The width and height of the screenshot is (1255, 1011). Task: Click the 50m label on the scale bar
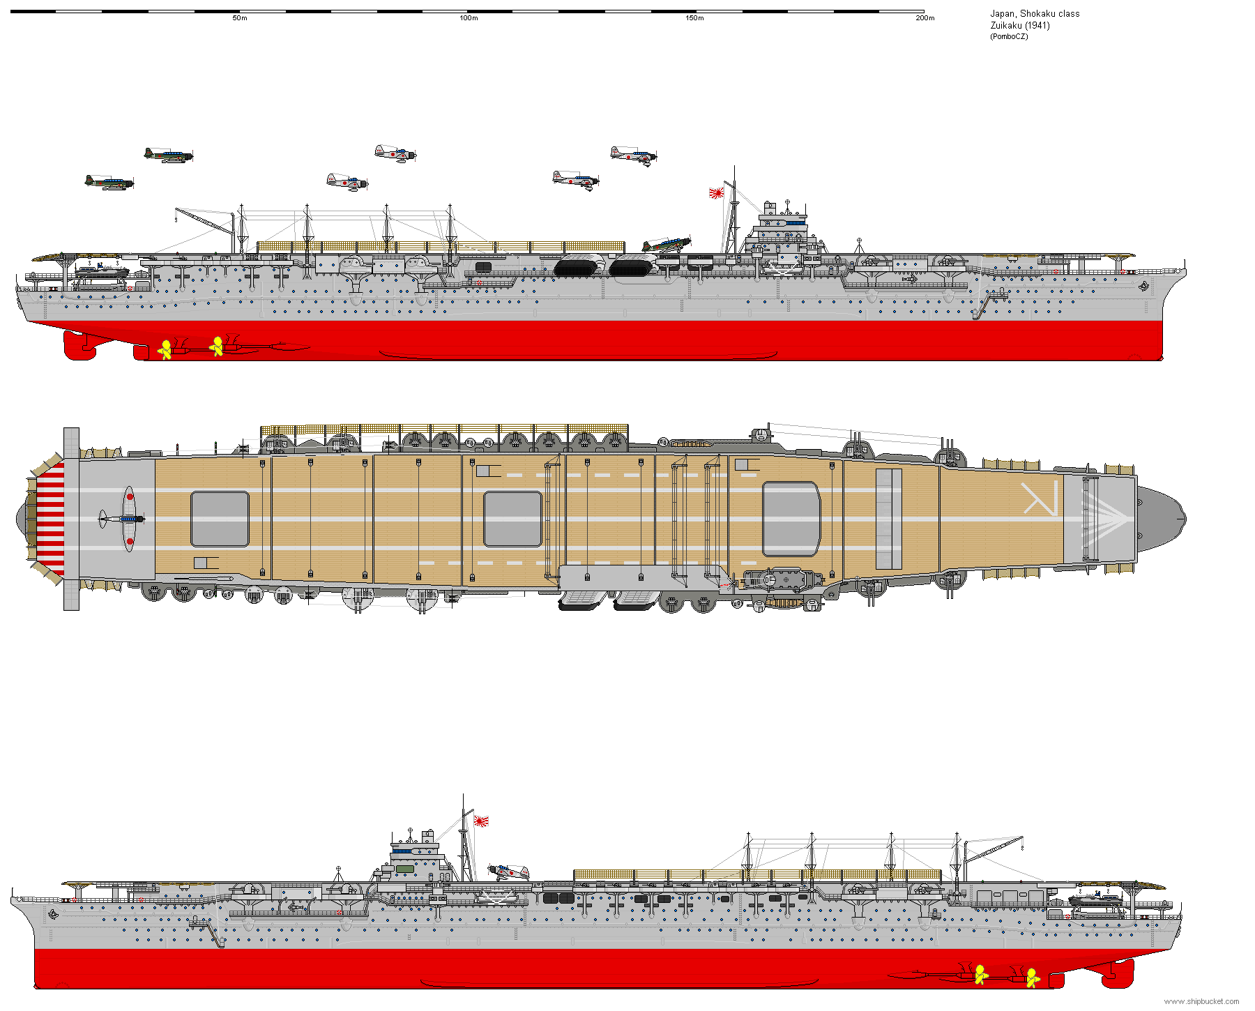(239, 18)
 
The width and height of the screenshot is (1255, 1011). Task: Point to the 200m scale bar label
(925, 18)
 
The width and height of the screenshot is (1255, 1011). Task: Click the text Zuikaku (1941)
(1019, 25)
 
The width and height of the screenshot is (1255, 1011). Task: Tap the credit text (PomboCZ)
(1008, 36)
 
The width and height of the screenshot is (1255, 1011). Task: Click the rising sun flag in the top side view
(716, 192)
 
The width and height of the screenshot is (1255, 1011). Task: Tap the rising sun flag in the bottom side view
(481, 821)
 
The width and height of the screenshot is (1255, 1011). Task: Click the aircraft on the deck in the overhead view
(124, 519)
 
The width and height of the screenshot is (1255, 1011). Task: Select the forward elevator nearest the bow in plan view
(790, 519)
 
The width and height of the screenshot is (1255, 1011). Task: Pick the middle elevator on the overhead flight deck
(512, 519)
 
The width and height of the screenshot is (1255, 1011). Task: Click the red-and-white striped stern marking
(50, 519)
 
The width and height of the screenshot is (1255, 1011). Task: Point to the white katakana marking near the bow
(1040, 498)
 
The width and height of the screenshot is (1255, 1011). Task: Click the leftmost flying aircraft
(109, 183)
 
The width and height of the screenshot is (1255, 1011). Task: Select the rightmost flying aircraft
(633, 155)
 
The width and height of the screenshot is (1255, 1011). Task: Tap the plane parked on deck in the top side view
(666, 245)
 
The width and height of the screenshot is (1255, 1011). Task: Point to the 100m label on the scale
(469, 18)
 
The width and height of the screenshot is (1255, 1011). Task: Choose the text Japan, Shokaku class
(1035, 13)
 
